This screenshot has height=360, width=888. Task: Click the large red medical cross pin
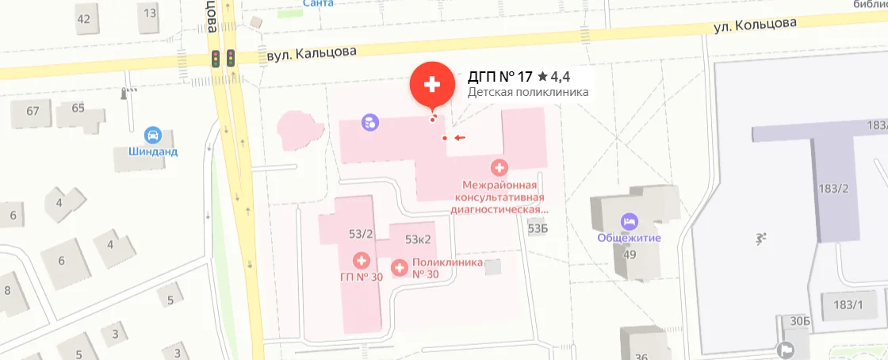click(432, 84)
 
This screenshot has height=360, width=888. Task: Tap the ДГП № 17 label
click(500, 77)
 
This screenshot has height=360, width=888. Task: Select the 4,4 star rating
click(554, 77)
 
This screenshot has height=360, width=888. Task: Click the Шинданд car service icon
click(154, 136)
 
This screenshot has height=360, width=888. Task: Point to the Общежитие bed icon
click(630, 220)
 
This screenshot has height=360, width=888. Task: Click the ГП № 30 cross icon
click(362, 260)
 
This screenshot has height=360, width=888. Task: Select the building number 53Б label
click(538, 229)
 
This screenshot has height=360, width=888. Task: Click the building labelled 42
click(83, 18)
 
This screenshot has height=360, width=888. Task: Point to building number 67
click(33, 111)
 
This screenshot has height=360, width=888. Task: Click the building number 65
click(78, 108)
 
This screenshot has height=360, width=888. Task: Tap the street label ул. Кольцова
click(754, 25)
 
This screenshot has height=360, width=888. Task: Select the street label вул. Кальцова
click(312, 52)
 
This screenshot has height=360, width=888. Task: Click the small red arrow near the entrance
click(459, 138)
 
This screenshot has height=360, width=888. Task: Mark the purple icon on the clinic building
click(369, 122)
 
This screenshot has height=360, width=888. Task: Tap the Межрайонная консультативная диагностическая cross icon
click(499, 167)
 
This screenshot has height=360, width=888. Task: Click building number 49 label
click(630, 255)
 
